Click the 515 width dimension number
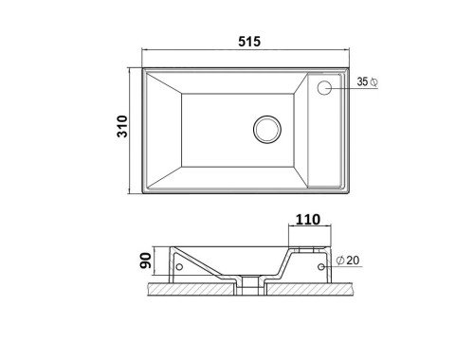249,42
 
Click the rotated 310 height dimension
122,126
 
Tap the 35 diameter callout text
362,81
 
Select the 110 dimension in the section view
308,220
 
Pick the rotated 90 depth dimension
146,261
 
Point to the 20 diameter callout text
353,261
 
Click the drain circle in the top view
267,129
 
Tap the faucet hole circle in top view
324,88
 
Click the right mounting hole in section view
321,267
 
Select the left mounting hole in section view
179,267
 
